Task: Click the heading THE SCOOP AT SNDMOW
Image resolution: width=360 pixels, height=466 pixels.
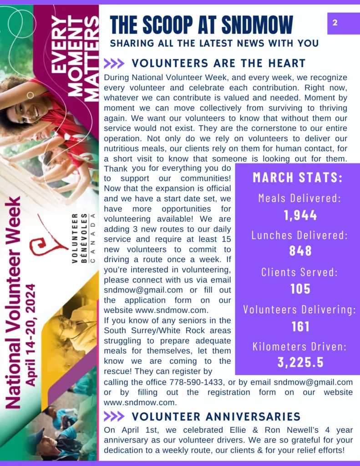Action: coord(201,25)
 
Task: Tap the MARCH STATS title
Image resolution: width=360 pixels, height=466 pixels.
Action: coord(298,177)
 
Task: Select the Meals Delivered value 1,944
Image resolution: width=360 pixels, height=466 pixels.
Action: coord(300,215)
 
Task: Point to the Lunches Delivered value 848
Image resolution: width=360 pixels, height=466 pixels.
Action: coord(300,251)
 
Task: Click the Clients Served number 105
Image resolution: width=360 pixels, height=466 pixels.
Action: coord(300,289)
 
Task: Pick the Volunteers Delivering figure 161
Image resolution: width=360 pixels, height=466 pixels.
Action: coord(300,326)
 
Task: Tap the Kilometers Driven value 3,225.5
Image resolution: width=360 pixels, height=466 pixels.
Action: coord(300,362)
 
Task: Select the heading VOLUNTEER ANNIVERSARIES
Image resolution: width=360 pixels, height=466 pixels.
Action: coord(216,416)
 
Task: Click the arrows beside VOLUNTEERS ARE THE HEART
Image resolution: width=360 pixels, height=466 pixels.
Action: coord(114,63)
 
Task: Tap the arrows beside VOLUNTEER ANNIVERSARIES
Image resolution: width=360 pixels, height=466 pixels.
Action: coord(114,416)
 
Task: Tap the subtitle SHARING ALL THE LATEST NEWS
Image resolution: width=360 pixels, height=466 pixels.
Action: coord(214,43)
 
